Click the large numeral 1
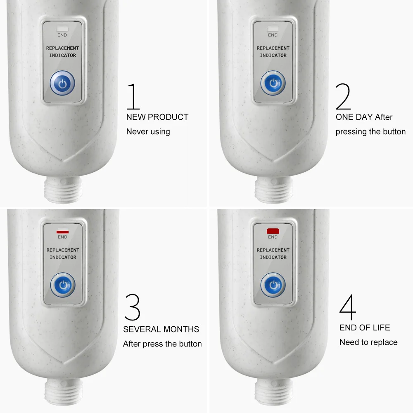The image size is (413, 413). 133,96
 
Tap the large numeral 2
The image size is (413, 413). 343,96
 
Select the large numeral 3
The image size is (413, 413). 133,307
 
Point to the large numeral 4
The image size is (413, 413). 348,307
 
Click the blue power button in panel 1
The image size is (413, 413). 62,83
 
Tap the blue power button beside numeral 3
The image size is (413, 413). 63,285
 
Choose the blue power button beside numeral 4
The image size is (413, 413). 273,285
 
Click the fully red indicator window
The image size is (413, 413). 273,231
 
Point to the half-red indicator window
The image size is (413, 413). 62,231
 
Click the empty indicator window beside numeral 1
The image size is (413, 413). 62,29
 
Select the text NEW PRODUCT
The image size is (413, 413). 157,117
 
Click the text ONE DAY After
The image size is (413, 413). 364,117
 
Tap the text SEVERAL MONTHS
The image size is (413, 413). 161,329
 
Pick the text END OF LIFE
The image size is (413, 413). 365,328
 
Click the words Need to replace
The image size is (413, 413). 368,342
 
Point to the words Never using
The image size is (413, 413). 148,132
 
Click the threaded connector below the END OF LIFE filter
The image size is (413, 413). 274,392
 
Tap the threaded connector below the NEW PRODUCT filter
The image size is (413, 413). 63,190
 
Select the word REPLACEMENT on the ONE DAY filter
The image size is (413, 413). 273,48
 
